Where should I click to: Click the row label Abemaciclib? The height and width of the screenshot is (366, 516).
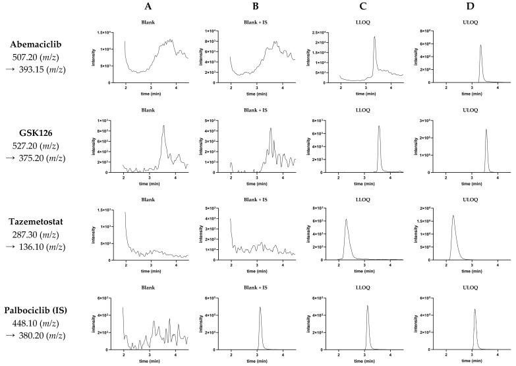(x=40, y=45)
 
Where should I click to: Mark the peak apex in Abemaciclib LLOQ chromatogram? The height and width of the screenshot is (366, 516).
(x=374, y=37)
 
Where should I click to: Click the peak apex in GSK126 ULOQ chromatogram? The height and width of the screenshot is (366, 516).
(x=486, y=129)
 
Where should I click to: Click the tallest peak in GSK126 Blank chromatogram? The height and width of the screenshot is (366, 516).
(x=163, y=126)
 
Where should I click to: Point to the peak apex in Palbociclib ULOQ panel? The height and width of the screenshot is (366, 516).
(x=474, y=309)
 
